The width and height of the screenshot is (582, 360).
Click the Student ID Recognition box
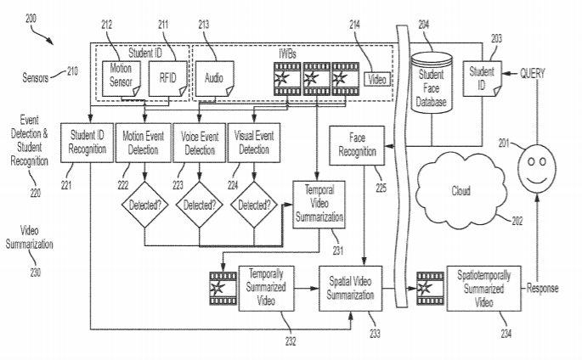click(88, 143)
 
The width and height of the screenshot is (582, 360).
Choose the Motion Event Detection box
click(143, 143)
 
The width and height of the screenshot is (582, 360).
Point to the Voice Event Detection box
click(200, 143)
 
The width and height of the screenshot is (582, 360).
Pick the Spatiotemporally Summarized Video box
click(483, 288)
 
